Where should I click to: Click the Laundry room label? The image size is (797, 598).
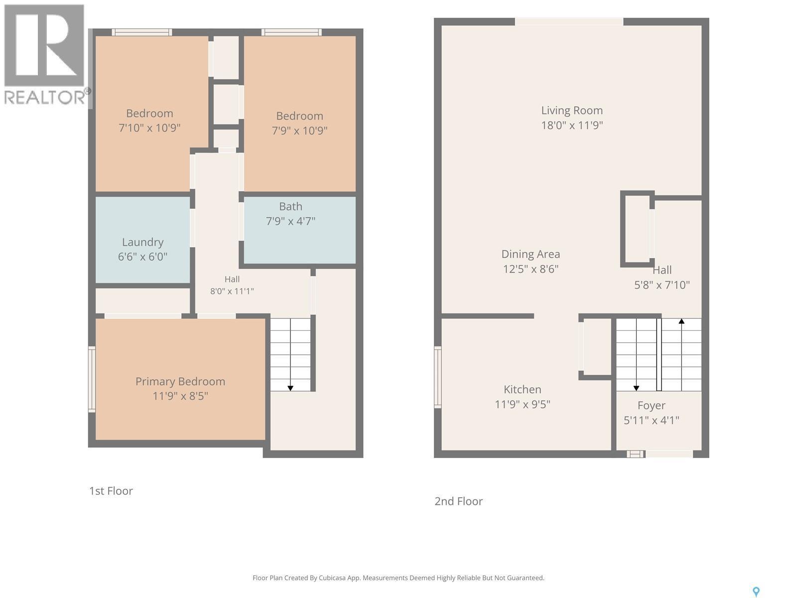click(x=142, y=242)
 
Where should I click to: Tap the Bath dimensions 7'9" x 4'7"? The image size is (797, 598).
click(x=290, y=221)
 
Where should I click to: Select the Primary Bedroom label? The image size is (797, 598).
click(x=180, y=382)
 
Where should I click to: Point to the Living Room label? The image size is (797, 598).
click(x=572, y=110)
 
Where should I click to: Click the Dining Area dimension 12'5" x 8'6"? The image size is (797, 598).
click(x=531, y=269)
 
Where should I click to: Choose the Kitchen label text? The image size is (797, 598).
click(x=522, y=390)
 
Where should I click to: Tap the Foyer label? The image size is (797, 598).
click(x=652, y=406)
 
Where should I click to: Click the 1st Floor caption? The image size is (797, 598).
click(x=111, y=491)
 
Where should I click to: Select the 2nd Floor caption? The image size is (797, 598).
click(x=459, y=501)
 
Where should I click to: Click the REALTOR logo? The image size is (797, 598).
click(x=46, y=54)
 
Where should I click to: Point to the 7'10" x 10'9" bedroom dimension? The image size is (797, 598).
click(x=149, y=128)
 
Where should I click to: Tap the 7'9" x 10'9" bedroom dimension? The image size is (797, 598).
click(x=299, y=131)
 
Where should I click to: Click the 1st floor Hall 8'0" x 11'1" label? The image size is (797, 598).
click(x=232, y=285)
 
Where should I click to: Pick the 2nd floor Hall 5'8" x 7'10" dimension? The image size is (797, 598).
click(x=662, y=285)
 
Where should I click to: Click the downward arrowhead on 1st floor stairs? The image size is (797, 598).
click(x=290, y=388)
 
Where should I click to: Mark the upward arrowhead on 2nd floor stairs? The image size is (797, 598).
click(x=681, y=321)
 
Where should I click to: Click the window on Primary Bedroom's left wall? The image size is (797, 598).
click(x=92, y=379)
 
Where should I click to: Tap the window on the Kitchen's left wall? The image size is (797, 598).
click(x=438, y=377)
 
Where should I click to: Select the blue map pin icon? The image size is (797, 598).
click(x=756, y=592)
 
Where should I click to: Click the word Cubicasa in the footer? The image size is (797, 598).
click(x=332, y=578)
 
